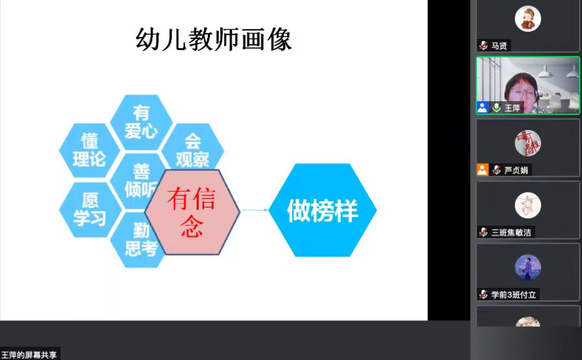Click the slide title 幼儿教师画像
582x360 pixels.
pyautogui.click(x=214, y=40)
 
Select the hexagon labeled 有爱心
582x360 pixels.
pyautogui.click(x=141, y=122)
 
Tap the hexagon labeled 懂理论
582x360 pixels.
pyautogui.click(x=90, y=150)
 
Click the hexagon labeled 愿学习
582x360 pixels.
pyautogui.click(x=90, y=210)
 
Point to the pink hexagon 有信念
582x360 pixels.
pyautogui.click(x=192, y=212)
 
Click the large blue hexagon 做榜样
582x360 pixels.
pyautogui.click(x=323, y=210)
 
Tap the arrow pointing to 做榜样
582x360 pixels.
pyautogui.click(x=254, y=210)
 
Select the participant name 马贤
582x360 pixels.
pyautogui.click(x=500, y=45)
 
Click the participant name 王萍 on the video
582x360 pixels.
pyautogui.click(x=512, y=108)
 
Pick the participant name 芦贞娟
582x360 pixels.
pyautogui.click(x=516, y=170)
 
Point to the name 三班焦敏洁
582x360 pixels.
pyautogui.click(x=511, y=233)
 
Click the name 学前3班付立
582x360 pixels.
pyautogui.click(x=514, y=294)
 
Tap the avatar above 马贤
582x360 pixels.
pyautogui.click(x=528, y=19)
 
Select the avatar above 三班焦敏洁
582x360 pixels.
pyautogui.click(x=528, y=205)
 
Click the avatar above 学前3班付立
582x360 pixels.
pyautogui.click(x=528, y=268)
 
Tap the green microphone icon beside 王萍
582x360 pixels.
pyautogui.click(x=496, y=108)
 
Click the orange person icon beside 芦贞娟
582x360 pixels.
pyautogui.click(x=483, y=170)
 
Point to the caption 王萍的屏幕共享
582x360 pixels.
pyautogui.click(x=29, y=355)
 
